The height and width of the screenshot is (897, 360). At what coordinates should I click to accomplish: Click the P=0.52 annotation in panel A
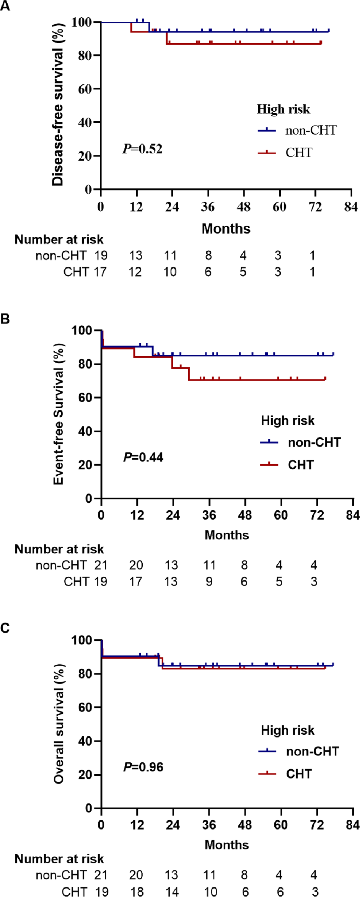143,148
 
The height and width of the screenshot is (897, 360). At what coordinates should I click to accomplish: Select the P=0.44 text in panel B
143,457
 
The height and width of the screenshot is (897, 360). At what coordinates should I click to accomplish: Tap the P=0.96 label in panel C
143,767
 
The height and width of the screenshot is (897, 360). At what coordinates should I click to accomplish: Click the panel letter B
5,319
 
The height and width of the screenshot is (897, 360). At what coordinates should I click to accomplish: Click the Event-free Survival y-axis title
58,414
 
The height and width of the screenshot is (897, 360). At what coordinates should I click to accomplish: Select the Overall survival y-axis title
58,723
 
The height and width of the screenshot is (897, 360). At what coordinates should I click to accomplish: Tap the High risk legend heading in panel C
287,730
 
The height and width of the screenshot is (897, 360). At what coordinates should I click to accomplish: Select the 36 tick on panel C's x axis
209,825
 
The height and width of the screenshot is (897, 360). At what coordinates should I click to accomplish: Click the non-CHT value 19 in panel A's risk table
101,255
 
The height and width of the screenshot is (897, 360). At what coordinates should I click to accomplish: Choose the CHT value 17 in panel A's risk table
100,272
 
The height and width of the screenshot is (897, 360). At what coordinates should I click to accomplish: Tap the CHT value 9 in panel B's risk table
209,582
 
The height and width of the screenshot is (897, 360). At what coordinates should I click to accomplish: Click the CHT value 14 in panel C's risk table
172,892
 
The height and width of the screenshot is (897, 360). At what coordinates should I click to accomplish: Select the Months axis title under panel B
226,535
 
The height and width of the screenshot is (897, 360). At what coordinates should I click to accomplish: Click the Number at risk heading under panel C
59,859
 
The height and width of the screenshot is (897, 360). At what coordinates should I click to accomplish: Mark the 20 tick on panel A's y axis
85,156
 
